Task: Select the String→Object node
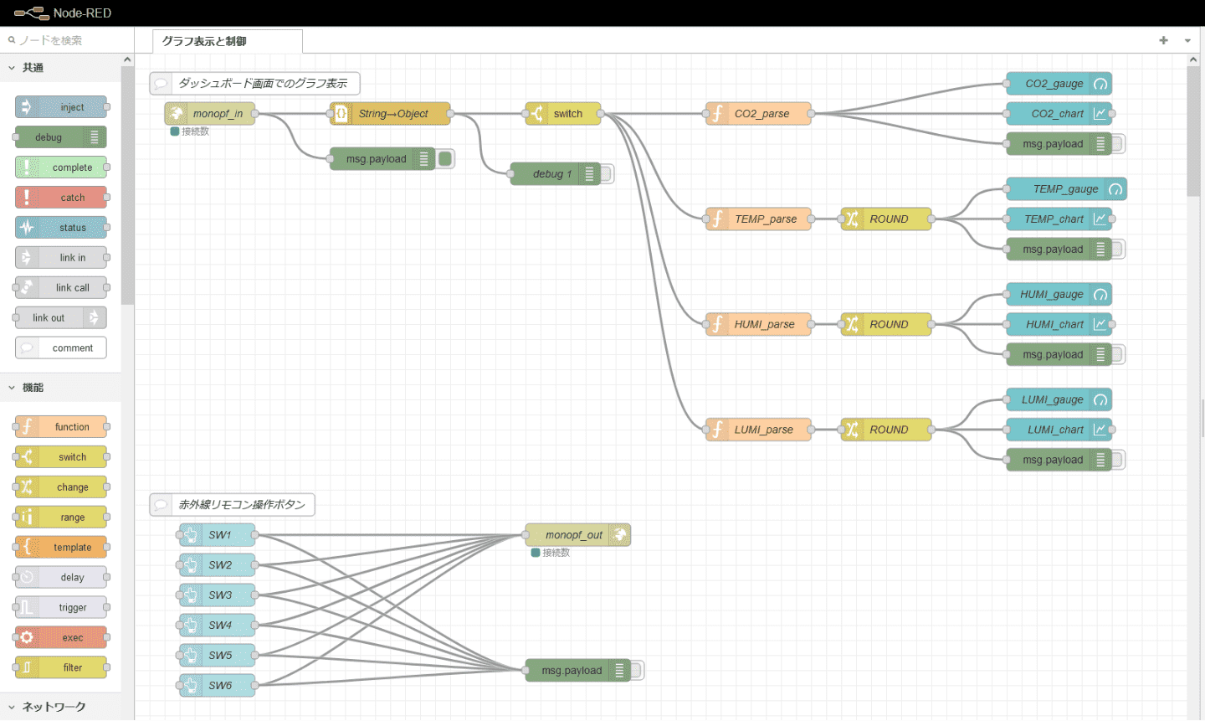coord(391,114)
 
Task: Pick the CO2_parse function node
coord(759,114)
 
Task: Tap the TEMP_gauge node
coord(1065,189)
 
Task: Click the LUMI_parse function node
coord(759,430)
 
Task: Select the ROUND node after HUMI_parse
coord(886,325)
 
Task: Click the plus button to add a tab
coord(1163,40)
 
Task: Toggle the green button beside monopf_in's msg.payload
coord(445,159)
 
